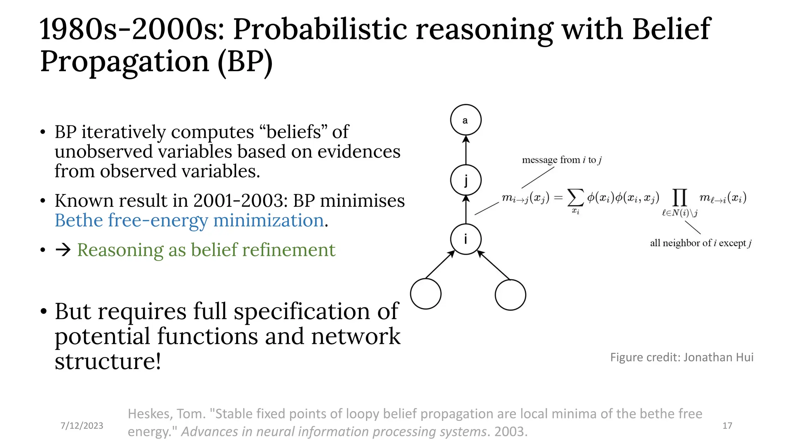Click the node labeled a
click(466, 120)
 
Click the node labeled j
click(466, 180)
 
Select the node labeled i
click(466, 239)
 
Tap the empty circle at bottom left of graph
click(426, 294)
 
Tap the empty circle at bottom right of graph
click(510, 295)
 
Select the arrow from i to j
click(466, 210)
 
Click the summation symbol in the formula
click(575, 198)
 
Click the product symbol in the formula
click(680, 198)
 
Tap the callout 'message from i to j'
click(561, 160)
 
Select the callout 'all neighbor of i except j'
click(700, 243)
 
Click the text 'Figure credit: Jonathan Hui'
click(681, 357)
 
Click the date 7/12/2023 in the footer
click(82, 425)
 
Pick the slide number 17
click(727, 425)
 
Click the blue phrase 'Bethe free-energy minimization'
click(189, 221)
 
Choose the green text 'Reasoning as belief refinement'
click(206, 250)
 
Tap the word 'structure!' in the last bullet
click(108, 361)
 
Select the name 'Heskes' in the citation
click(150, 414)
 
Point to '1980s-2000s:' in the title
click(132, 29)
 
